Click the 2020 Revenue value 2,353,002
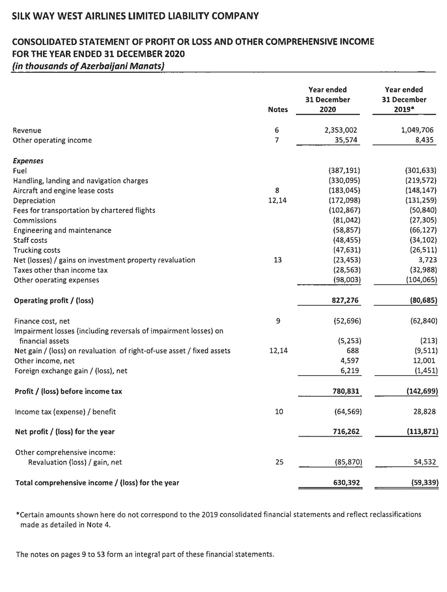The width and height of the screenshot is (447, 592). pos(341,130)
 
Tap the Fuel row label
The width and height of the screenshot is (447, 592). pos(20,171)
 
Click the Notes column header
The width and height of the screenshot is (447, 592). pos(278,110)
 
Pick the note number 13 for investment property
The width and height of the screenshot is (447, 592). pos(278,260)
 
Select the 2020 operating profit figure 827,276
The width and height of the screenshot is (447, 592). pos(345,300)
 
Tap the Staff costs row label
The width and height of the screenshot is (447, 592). pos(30,240)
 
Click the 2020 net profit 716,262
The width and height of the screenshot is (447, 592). pos(345,431)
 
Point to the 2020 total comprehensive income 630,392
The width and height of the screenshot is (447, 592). pos(345,482)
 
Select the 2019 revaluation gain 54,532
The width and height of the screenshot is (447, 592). pos(424,462)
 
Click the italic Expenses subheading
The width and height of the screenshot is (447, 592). pos(28,161)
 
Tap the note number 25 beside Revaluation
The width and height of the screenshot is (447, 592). pos(279,462)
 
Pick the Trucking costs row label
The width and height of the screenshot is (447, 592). pos(37,250)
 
